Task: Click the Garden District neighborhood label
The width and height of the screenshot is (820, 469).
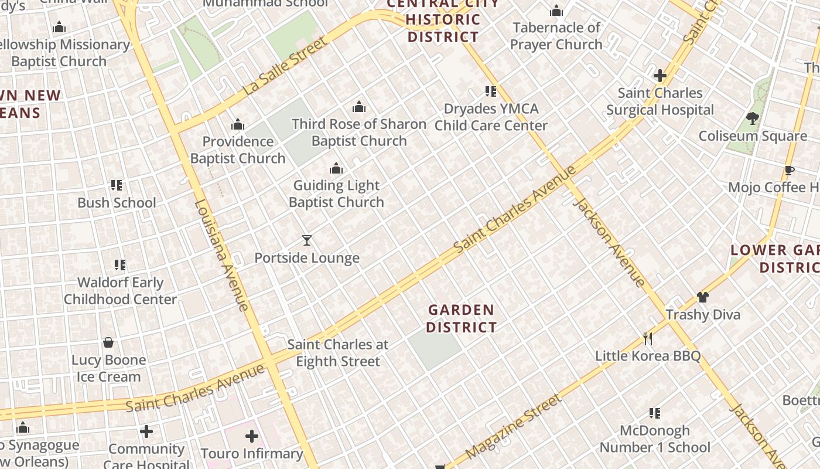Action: (x=461, y=318)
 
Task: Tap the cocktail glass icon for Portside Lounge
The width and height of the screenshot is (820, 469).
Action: (x=306, y=240)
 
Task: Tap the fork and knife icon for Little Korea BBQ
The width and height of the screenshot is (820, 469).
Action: (x=648, y=338)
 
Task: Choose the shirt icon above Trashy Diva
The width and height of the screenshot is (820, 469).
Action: (x=703, y=297)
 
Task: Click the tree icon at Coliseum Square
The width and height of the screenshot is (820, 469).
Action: (x=753, y=118)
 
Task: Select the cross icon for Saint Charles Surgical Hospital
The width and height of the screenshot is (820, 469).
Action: (x=660, y=76)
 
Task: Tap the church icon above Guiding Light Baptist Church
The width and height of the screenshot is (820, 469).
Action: (x=336, y=169)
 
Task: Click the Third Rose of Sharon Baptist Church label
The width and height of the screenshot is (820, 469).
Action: (x=359, y=132)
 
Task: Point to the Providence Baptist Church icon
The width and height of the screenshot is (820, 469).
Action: (x=237, y=124)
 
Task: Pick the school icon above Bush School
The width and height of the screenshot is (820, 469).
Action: (x=117, y=185)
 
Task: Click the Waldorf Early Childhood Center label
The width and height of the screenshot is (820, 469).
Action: (x=120, y=291)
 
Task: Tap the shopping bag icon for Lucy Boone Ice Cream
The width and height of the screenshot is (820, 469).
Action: (x=108, y=342)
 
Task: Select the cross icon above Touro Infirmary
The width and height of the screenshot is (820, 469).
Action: (x=252, y=436)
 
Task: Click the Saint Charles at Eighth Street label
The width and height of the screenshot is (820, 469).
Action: (x=338, y=353)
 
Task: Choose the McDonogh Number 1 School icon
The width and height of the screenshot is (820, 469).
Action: (x=655, y=413)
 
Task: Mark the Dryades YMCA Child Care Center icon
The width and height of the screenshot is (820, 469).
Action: (x=491, y=91)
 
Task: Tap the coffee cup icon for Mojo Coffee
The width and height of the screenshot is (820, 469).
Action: (x=789, y=170)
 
